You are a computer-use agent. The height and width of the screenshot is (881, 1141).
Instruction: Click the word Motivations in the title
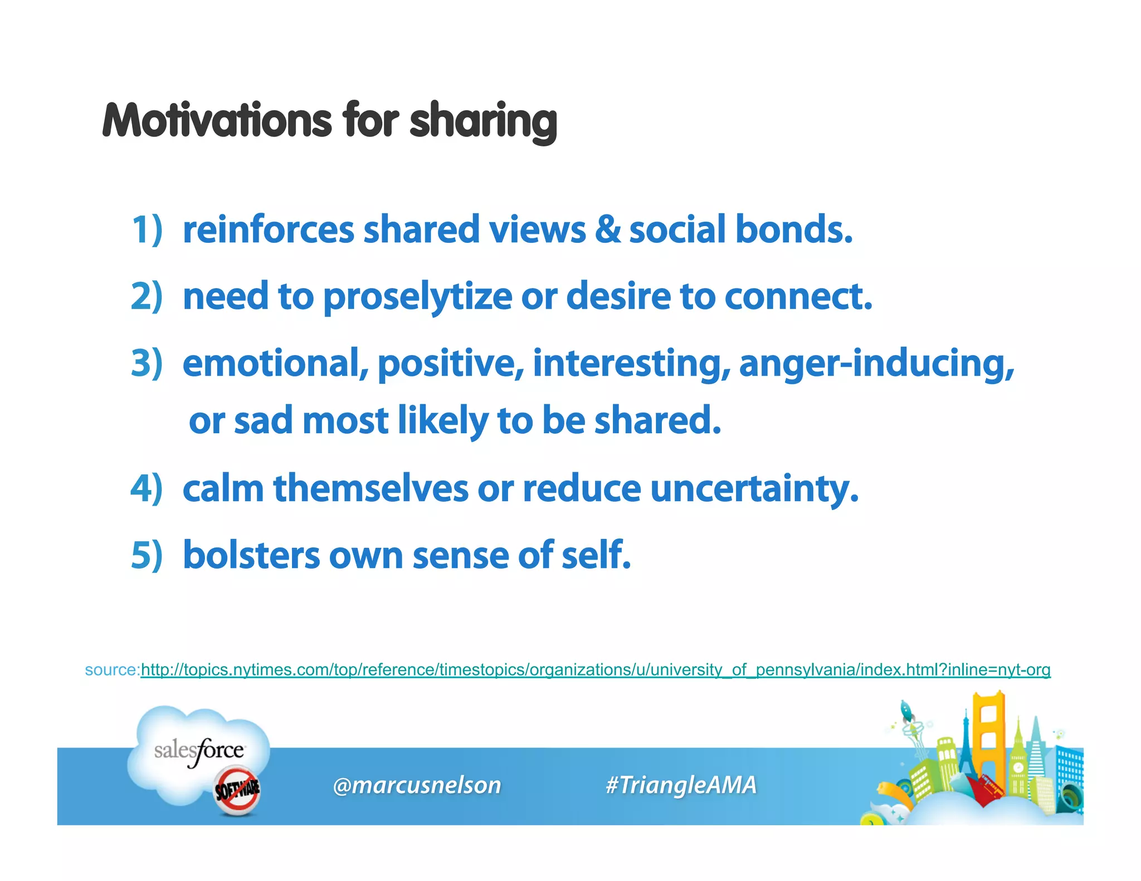coord(218,121)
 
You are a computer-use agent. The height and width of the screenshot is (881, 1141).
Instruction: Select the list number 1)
coord(147,229)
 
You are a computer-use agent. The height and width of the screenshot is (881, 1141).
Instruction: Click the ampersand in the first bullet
coord(607,229)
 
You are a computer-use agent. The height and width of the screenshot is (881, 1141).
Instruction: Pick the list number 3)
coord(147,363)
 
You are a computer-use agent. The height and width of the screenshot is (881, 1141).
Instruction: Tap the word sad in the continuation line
coord(263,420)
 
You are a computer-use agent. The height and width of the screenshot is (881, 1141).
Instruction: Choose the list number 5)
coord(147,555)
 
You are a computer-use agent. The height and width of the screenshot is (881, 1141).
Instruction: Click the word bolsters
coord(251,555)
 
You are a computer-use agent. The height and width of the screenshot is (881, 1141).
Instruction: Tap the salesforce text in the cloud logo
coord(199,751)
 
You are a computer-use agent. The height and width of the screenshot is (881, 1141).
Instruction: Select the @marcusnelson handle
coord(417,785)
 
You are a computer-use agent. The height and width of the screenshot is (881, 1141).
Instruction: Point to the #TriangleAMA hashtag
coord(681,785)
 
